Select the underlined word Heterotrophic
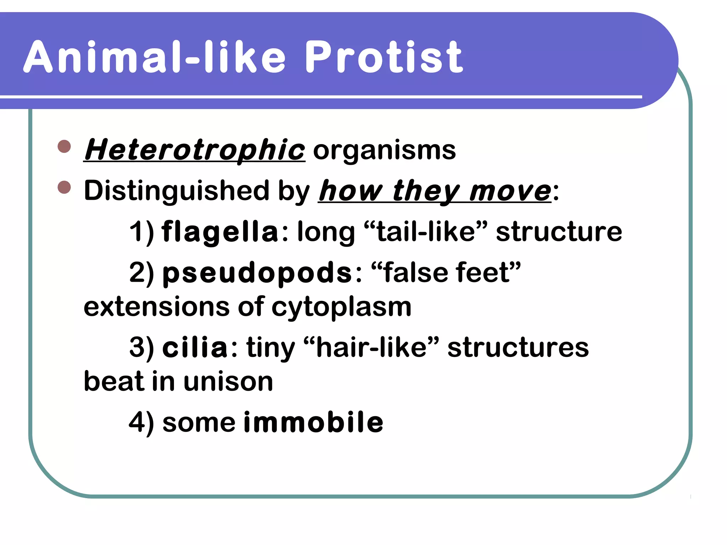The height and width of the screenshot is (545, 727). coord(194,150)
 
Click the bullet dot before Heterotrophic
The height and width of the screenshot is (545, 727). coord(64,146)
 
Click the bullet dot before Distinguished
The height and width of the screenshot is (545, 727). coord(64,187)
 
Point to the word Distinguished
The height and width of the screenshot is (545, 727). coord(177,191)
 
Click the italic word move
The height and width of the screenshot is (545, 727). coord(510,191)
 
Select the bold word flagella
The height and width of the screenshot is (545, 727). coord(220,232)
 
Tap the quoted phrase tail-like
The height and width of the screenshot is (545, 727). coord(426,232)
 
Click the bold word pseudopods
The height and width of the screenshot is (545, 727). coord(257,272)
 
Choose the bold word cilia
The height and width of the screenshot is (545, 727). coord(195,347)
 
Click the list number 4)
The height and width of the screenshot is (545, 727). coord(141,423)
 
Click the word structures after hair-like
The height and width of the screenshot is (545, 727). coord(518,347)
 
